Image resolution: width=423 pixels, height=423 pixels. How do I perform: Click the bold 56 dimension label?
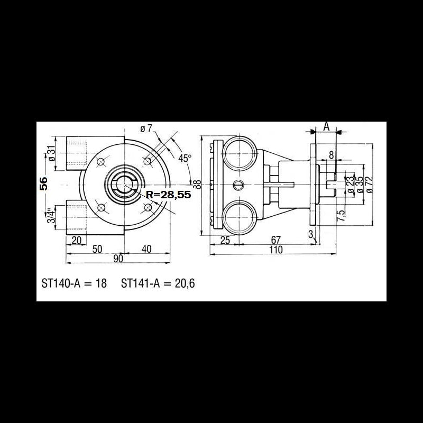(x=44, y=183)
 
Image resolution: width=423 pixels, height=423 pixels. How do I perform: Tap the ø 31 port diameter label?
(x=51, y=153)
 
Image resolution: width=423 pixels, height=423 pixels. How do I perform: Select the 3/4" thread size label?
(x=51, y=216)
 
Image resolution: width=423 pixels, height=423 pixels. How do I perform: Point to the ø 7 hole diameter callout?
(x=146, y=128)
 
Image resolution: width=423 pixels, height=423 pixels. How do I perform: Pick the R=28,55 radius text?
(x=167, y=195)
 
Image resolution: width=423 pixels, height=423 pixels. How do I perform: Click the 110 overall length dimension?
(x=275, y=250)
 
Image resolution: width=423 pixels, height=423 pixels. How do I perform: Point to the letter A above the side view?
(x=326, y=126)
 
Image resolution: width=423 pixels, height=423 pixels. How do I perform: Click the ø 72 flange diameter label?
(x=370, y=184)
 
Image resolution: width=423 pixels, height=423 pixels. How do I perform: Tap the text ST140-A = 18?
(x=74, y=283)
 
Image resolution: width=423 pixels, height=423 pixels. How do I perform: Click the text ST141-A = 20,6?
(x=158, y=283)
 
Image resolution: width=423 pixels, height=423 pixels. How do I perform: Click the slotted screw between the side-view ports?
(x=238, y=185)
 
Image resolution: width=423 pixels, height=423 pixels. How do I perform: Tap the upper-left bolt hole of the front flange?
(x=102, y=160)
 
